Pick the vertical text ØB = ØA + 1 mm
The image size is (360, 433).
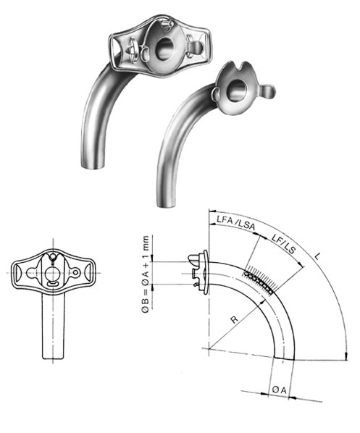coord(147,276)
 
